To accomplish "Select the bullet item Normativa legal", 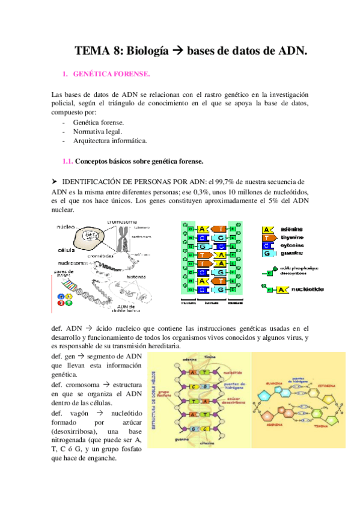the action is [x=98, y=131].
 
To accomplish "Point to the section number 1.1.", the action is [x=68, y=161].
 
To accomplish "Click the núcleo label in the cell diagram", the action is [x=66, y=227].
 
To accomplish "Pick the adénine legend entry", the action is [x=290, y=230].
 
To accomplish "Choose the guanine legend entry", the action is [x=290, y=253].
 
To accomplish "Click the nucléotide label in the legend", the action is [x=307, y=289].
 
